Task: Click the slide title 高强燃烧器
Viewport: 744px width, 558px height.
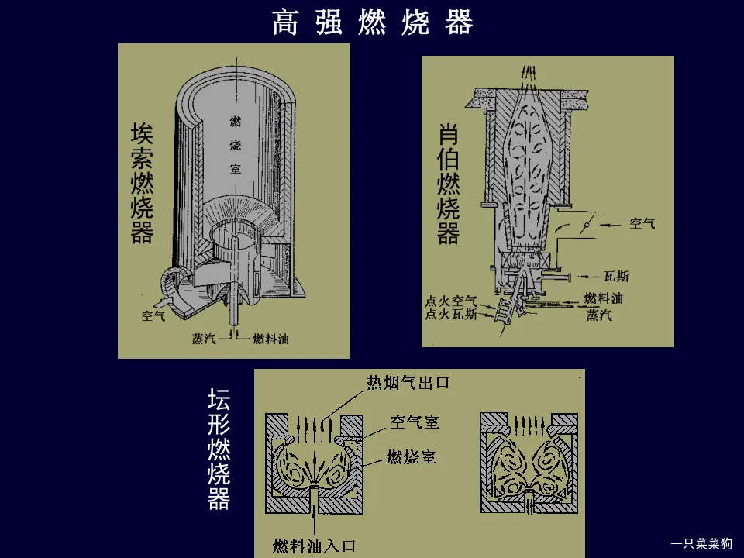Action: point(372,23)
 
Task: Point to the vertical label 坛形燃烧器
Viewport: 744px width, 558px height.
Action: point(219,449)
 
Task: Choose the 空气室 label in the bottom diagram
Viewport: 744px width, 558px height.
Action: point(415,422)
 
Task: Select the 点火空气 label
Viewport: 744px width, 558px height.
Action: point(450,301)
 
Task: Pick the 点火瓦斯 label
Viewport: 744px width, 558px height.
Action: point(450,315)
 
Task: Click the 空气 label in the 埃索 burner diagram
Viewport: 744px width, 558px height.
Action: point(153,315)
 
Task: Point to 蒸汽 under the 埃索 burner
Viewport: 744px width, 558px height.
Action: point(204,339)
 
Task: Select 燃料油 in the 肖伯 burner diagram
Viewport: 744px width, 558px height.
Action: point(604,298)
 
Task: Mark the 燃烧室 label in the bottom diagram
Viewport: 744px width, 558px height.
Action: point(412,456)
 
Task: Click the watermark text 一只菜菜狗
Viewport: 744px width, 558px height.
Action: point(701,543)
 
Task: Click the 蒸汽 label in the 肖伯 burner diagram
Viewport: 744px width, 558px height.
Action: point(598,315)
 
